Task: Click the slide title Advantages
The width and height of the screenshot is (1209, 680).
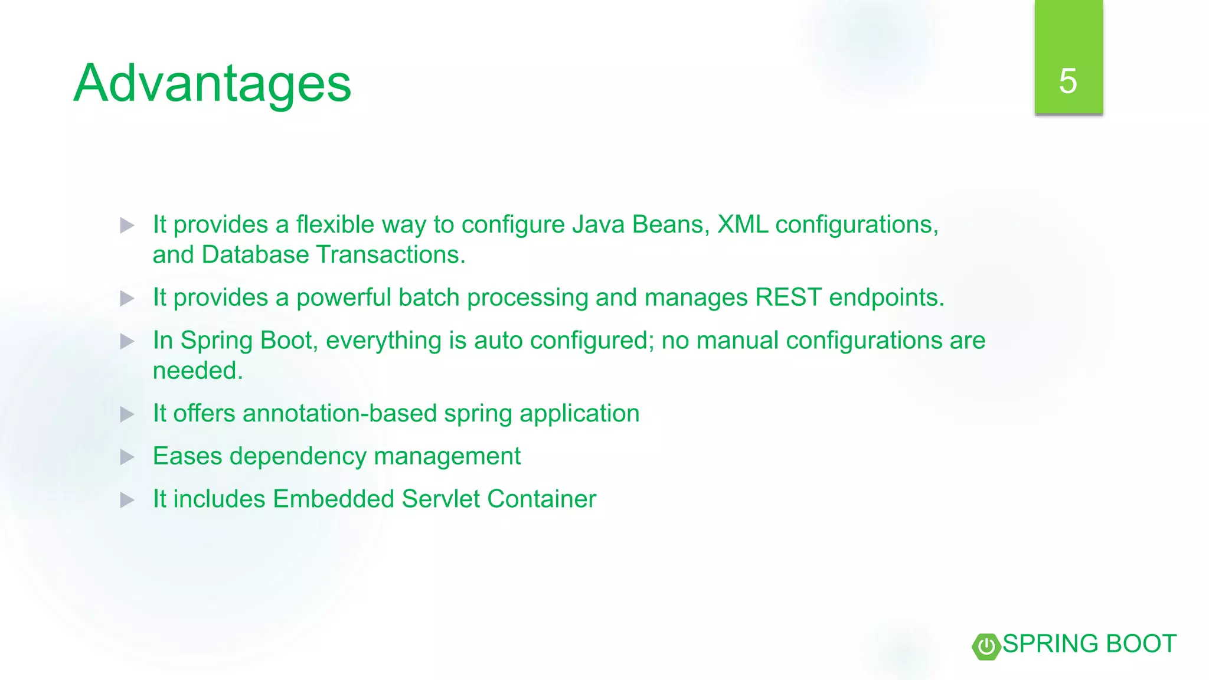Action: tap(213, 84)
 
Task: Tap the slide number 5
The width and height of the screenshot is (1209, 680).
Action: tap(1068, 81)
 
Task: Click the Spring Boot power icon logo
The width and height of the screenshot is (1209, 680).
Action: tap(986, 646)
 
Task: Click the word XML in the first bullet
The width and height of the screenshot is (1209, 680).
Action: tap(743, 225)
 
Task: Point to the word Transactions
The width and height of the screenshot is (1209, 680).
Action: tap(391, 255)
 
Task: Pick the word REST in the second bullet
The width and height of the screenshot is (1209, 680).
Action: tap(788, 297)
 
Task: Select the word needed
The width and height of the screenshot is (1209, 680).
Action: tap(197, 371)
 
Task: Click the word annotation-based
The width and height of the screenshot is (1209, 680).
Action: tap(339, 413)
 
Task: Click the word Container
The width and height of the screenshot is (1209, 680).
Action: tap(541, 499)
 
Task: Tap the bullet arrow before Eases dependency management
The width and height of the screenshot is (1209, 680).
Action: tap(127, 457)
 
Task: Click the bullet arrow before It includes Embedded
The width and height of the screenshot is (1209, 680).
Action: tap(127, 501)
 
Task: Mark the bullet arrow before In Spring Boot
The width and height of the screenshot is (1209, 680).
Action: tap(127, 341)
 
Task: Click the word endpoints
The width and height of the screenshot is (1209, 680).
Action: tap(886, 297)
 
